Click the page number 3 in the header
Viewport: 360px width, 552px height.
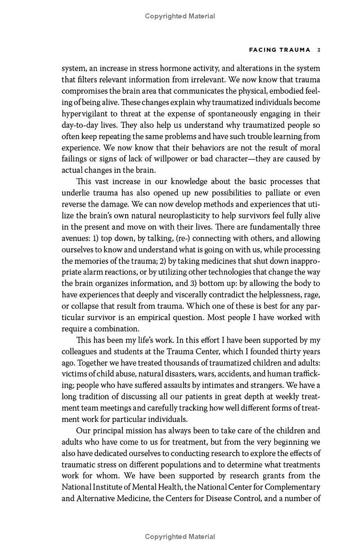318,50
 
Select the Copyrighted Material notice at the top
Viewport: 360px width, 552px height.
180,16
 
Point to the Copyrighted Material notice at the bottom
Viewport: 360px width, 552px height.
180,536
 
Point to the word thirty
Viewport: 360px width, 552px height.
289,351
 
